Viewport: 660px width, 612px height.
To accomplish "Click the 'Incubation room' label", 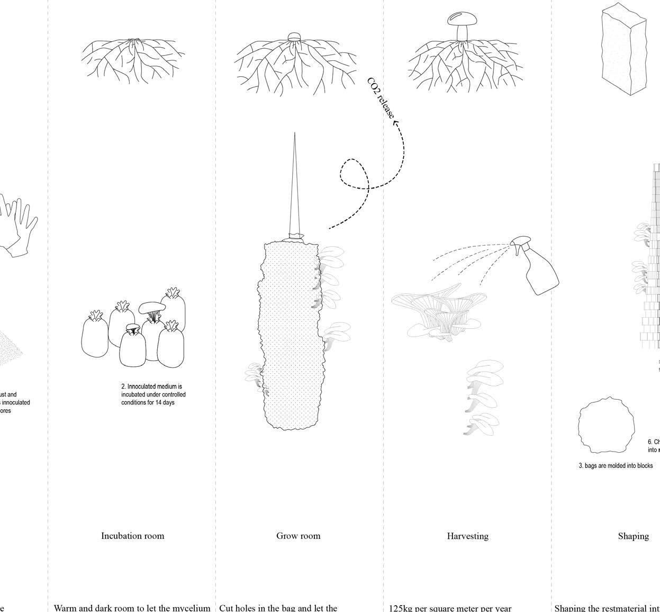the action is click(132, 536).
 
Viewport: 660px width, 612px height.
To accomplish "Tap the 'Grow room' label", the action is click(298, 536).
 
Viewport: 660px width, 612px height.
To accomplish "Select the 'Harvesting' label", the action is click(467, 536).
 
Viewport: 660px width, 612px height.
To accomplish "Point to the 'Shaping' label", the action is click(633, 536).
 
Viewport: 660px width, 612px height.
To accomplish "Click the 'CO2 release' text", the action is click(381, 98).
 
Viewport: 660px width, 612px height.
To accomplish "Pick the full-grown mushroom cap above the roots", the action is click(462, 19).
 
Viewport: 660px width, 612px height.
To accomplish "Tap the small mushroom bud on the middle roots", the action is click(294, 37).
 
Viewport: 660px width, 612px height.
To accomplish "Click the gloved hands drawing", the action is click(19, 225).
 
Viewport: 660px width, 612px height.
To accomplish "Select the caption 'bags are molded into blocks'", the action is click(616, 466).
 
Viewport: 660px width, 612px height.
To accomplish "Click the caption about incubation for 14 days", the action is click(153, 394).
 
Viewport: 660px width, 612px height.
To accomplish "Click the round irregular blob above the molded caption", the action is click(605, 426).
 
